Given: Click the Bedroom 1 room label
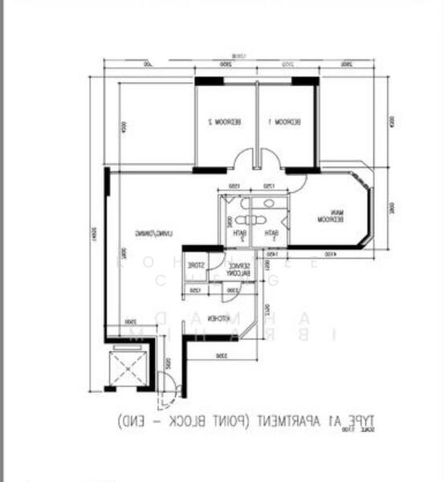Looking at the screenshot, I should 285,122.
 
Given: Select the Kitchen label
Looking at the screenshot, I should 223,319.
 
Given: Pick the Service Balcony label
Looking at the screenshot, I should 238,270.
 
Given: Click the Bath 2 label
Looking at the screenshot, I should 239,235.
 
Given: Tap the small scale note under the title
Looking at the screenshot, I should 366,431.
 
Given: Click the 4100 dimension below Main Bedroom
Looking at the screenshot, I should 330,255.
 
